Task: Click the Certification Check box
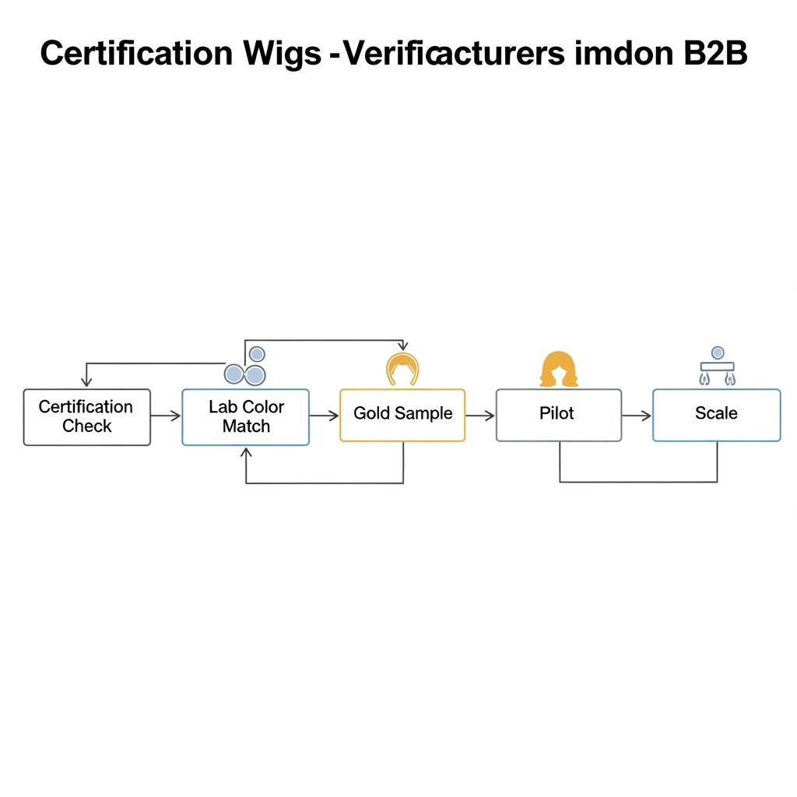[x=86, y=417]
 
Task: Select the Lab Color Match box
[x=245, y=417]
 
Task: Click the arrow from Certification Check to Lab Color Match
[x=166, y=416]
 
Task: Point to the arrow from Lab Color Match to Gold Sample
[x=324, y=416]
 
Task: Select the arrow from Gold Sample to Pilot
[x=480, y=416]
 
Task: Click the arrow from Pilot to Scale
[x=637, y=416]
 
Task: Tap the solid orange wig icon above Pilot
[x=559, y=369]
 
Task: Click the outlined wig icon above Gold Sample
[x=402, y=368]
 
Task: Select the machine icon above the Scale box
[x=718, y=367]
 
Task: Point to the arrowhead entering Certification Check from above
[x=86, y=381]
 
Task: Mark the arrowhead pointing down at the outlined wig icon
[x=402, y=346]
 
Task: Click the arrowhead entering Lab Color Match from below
[x=246, y=453]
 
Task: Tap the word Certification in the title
[x=136, y=53]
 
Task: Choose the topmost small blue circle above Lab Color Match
[x=256, y=355]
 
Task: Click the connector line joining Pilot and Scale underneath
[x=638, y=482]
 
